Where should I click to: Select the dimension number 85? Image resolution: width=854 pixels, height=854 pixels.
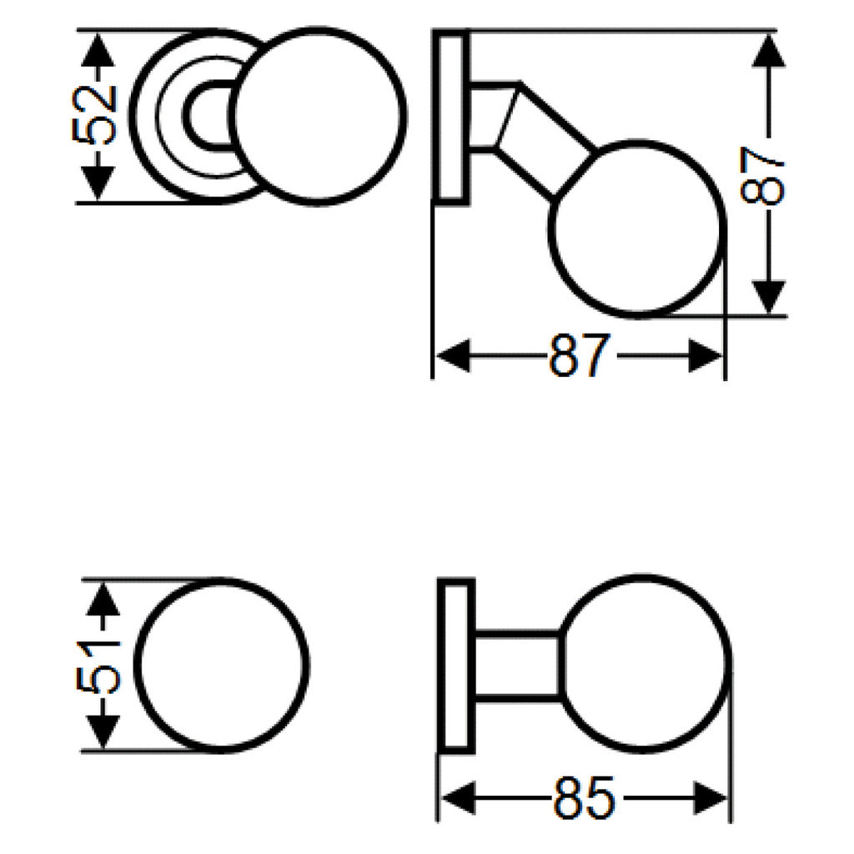[x=584, y=799]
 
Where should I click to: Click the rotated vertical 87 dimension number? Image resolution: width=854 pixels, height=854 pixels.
[x=764, y=176]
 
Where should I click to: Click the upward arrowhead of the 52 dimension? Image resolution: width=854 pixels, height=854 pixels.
[x=98, y=48]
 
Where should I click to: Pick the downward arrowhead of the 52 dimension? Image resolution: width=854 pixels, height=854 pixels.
[x=98, y=183]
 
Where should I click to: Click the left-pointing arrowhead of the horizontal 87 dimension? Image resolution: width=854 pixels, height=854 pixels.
[x=452, y=357]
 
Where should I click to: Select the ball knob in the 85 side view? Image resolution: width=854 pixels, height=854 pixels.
[x=645, y=663]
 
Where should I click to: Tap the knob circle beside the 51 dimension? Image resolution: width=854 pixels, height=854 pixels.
[x=221, y=666]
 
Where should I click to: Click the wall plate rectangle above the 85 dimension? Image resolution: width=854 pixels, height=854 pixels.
[x=457, y=666]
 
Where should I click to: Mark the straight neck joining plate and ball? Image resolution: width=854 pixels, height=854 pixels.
[x=517, y=665]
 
